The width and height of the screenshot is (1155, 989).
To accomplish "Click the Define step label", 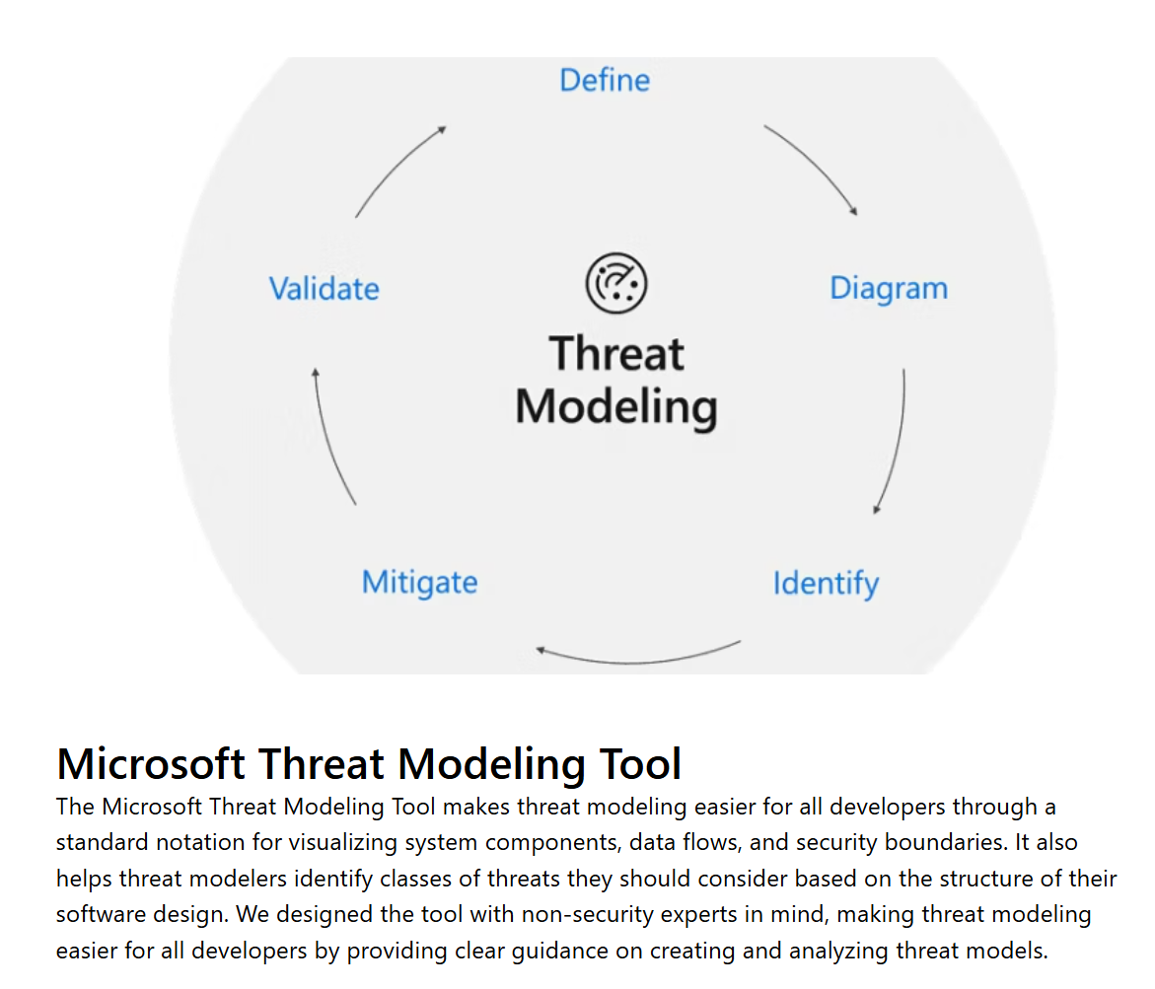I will point(605,80).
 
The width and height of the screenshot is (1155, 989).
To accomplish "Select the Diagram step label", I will point(888,289).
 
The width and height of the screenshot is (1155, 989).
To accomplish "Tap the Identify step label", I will point(826,583).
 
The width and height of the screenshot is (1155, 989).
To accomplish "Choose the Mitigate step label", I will point(419,582).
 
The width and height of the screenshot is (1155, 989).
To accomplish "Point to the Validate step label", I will point(324,289).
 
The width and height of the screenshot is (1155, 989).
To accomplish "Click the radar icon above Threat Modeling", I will point(616,283).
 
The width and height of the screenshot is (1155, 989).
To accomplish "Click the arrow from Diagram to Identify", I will point(895,444).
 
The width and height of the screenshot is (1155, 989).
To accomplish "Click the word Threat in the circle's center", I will point(616,354).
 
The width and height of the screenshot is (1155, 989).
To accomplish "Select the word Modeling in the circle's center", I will point(616,407).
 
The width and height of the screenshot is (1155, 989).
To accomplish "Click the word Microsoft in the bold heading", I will point(150,764).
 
